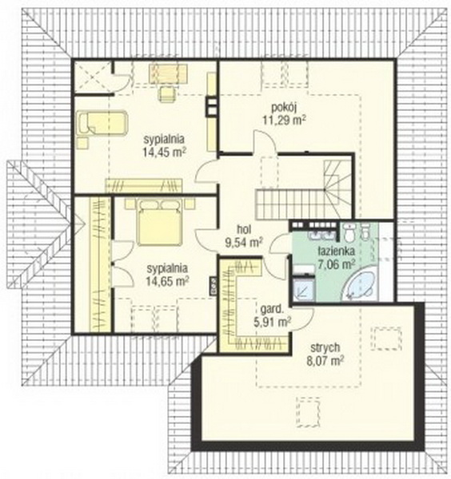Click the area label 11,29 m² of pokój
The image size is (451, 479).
284,120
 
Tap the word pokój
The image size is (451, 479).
285,108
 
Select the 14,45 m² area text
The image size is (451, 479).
165,152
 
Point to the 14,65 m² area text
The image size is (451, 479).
167,280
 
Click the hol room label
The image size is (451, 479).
244,229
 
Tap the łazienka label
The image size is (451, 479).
337,251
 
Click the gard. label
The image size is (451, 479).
272,310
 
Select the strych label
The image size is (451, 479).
325,347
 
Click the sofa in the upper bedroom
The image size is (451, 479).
102,123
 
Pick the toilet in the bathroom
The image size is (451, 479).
349,232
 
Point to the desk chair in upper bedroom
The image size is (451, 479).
167,93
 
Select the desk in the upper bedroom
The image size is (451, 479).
168,73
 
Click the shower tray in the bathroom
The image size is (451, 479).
304,288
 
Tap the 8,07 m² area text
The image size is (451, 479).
325,361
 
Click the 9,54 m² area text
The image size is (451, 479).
244,242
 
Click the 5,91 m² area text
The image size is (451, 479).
272,322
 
